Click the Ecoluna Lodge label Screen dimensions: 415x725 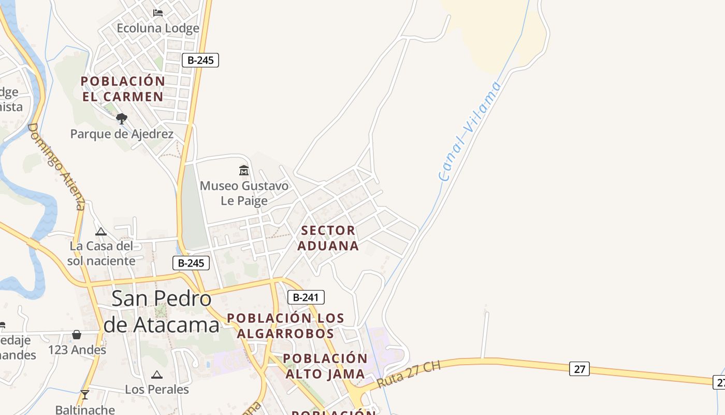click(x=158, y=28)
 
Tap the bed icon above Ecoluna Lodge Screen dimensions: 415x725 click(x=158, y=12)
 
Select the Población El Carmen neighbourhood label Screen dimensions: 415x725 click(x=123, y=89)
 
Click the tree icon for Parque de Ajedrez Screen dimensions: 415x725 click(x=122, y=119)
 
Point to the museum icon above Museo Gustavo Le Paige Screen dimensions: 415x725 click(x=244, y=170)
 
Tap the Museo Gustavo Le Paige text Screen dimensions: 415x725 click(x=244, y=193)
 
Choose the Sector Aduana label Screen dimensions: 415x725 click(x=328, y=238)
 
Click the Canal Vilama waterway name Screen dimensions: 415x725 click(x=470, y=131)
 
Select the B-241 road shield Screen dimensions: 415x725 click(x=306, y=297)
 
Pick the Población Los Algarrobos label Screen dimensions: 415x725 click(x=286, y=325)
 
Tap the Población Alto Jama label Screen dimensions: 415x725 click(x=325, y=366)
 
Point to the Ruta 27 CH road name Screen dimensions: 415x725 click(x=409, y=375)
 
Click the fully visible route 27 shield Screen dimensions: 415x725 click(x=579, y=369)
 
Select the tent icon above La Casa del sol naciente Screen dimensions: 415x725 click(x=101, y=231)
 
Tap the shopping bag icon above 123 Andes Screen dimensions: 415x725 click(x=77, y=335)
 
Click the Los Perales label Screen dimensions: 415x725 click(x=157, y=389)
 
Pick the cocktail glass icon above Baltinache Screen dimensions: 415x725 click(x=85, y=395)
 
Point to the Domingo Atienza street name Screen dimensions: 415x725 click(x=56, y=166)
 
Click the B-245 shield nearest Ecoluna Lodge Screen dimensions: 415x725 click(x=200, y=60)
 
